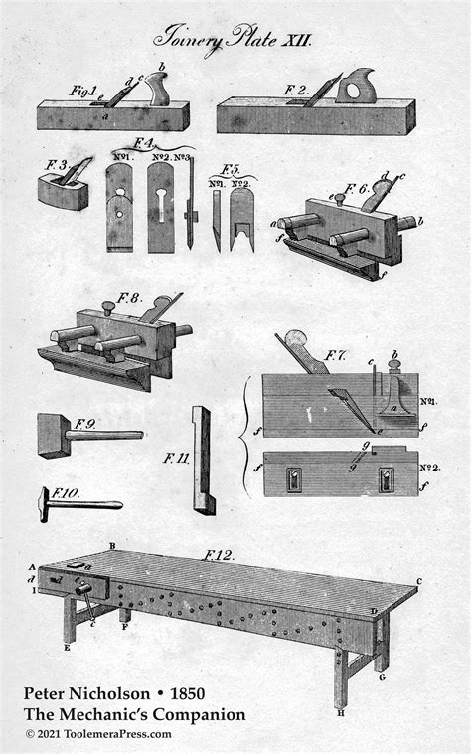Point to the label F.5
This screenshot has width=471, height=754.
click(231, 167)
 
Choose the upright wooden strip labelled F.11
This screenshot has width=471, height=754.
click(203, 460)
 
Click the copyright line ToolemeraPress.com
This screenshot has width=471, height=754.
click(99, 734)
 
